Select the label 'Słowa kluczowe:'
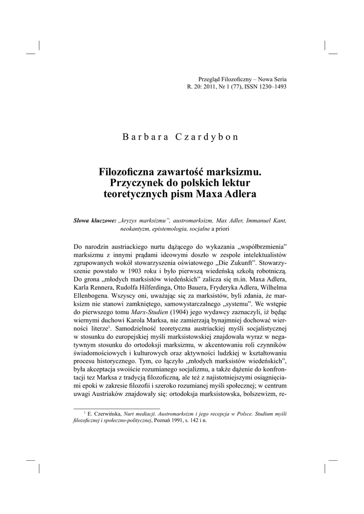point(95,220)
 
